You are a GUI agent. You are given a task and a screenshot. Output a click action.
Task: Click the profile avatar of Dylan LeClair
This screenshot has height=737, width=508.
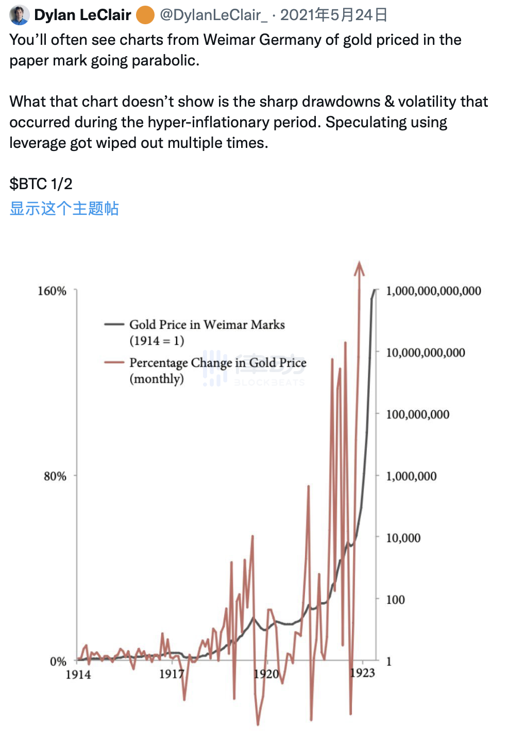tap(19, 15)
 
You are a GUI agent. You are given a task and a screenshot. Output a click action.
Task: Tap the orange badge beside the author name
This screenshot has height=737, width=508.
tap(145, 15)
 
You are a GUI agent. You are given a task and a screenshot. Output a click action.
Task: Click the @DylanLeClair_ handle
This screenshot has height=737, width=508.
tap(213, 15)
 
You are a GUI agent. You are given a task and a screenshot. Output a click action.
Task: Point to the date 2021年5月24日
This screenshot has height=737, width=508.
tap(334, 15)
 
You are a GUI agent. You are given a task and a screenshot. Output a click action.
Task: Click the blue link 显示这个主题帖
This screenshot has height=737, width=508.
tap(64, 208)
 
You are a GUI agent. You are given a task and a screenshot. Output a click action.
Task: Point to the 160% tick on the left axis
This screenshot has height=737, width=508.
tap(52, 291)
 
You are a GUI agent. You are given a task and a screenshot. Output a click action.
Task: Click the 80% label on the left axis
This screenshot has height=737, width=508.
tap(55, 476)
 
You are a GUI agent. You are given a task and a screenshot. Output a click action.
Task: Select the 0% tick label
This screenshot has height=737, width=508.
tap(58, 661)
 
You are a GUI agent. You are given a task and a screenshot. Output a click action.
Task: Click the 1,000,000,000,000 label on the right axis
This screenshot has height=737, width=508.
tap(433, 291)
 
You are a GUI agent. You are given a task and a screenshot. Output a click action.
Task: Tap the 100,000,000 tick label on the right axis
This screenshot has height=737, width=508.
tap(417, 414)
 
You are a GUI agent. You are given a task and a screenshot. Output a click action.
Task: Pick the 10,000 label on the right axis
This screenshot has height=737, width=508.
tap(403, 538)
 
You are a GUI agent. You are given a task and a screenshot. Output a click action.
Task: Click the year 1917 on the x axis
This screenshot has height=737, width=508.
tap(172, 674)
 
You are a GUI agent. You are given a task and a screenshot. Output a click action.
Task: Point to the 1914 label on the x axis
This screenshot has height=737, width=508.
tap(78, 674)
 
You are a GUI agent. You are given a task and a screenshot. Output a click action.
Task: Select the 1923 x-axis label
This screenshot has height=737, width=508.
tap(362, 673)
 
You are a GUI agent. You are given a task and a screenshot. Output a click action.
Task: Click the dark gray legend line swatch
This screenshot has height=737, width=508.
tap(114, 324)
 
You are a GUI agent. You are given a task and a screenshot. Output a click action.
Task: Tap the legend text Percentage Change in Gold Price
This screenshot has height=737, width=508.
tap(217, 363)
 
